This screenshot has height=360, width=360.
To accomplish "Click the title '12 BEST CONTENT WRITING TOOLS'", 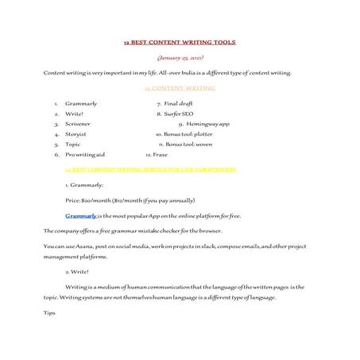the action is (180, 41).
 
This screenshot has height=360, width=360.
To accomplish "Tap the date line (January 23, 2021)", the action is (180, 57).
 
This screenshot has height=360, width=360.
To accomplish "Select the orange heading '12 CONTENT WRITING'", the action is (180, 88).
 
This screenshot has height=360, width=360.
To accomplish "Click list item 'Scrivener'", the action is (78, 124).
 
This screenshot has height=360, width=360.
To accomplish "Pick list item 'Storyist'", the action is (76, 134).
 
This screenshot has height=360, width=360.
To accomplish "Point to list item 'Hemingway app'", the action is (208, 124).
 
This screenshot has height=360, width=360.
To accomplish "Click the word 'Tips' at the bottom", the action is (49, 312).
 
